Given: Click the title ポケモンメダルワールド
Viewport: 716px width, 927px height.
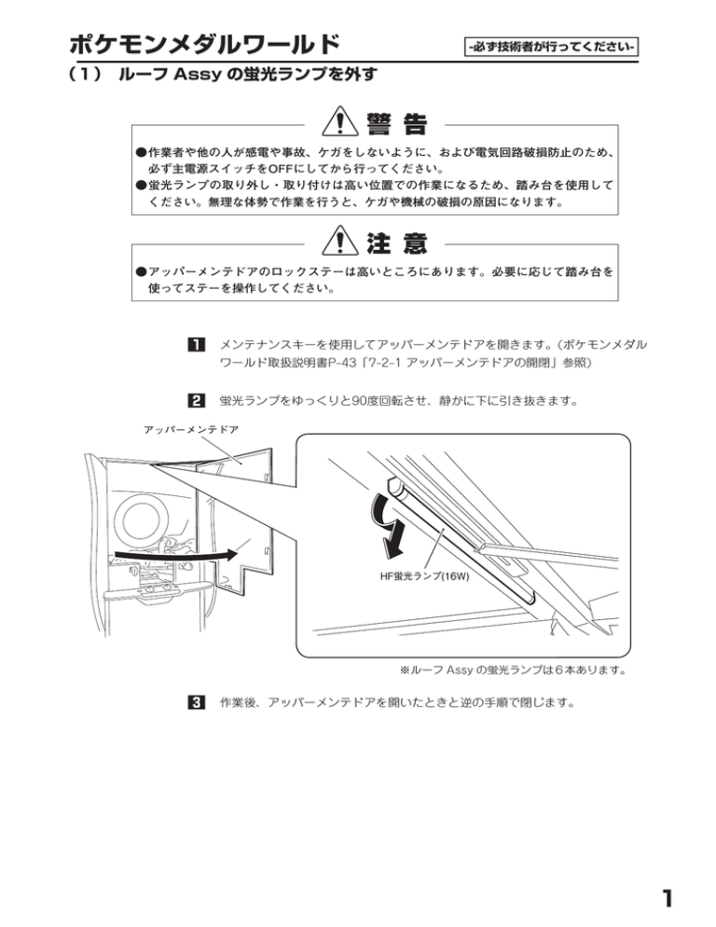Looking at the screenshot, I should (204, 44).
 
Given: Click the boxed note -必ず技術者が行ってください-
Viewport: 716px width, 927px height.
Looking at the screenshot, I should (550, 45).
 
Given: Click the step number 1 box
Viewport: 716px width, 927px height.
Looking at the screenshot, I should (197, 345).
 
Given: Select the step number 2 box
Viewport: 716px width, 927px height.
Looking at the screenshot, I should (197, 402).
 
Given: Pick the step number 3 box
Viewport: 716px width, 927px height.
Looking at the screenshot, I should (197, 701).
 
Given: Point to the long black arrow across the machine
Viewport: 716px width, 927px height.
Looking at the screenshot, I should (172, 558).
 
